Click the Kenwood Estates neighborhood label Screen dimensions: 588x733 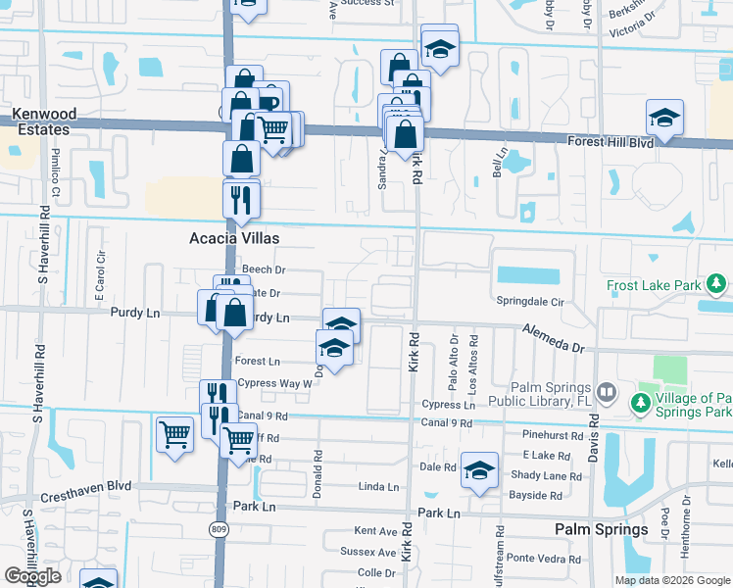pos(41,122)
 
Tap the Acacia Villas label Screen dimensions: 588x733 pos(234,238)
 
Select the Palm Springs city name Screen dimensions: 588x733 pos(602,529)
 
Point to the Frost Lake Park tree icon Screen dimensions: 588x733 pos(717,285)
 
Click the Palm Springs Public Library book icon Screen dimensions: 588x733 pos(607,393)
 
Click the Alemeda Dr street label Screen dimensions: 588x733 pos(552,338)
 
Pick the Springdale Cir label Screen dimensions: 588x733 pos(530,303)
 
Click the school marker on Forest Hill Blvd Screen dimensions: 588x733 pos(664,118)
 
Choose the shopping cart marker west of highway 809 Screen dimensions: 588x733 pos(174,432)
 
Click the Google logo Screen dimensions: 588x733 pos(32,575)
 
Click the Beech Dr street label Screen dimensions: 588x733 pos(264,269)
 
